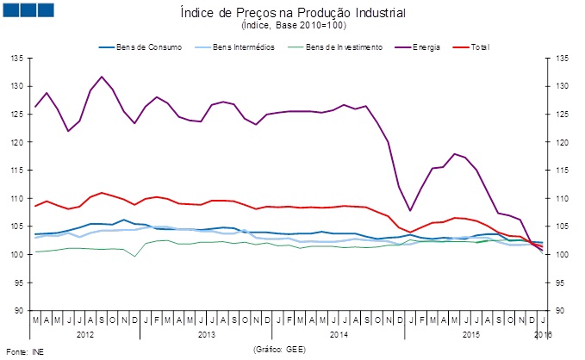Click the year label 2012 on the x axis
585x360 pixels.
coord(84,332)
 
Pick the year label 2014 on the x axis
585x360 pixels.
coord(339,332)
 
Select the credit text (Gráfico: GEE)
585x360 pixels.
coord(280,350)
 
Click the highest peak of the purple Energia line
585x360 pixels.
coord(103,77)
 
